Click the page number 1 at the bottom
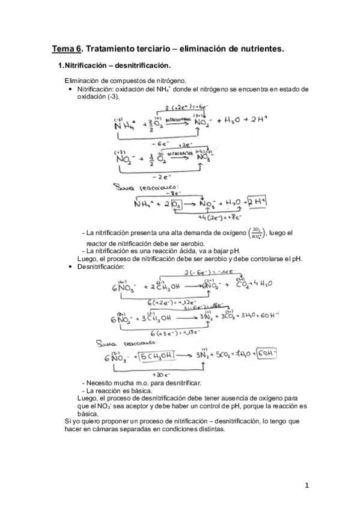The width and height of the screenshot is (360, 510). [306, 486]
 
